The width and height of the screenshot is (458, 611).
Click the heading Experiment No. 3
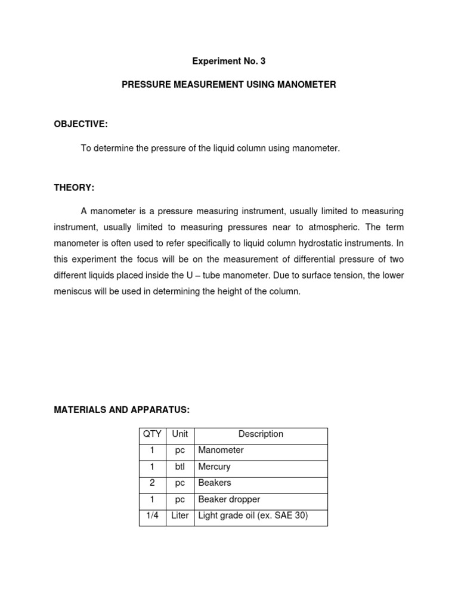(x=228, y=61)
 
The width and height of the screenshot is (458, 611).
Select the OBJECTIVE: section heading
(x=81, y=124)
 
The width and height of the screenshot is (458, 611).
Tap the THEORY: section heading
(x=74, y=188)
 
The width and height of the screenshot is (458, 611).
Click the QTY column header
(x=153, y=434)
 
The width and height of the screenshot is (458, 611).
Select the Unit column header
(x=180, y=434)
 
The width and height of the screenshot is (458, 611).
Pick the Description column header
(x=261, y=434)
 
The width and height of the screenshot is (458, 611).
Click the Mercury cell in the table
(x=214, y=467)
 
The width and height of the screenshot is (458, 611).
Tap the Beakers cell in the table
(x=215, y=483)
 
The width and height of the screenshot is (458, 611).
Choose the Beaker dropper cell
(x=229, y=499)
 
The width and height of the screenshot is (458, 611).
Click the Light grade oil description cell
(x=253, y=516)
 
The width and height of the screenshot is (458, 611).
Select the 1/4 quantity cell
(x=153, y=516)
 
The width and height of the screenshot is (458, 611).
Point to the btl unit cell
(x=180, y=467)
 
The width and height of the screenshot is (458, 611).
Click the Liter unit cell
(x=180, y=516)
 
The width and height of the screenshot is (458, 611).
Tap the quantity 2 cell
(x=153, y=483)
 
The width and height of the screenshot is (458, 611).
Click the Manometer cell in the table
(x=221, y=450)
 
